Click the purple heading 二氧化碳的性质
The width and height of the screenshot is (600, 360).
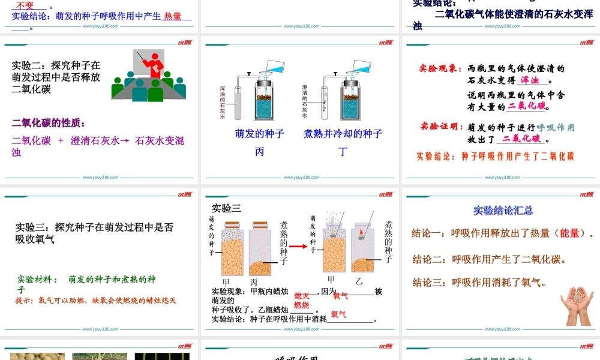[49, 123]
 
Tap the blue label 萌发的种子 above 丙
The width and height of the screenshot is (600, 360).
[260, 134]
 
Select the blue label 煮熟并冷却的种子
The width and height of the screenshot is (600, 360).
[343, 134]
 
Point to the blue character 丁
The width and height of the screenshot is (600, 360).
[343, 152]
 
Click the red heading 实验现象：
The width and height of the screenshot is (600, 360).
[441, 68]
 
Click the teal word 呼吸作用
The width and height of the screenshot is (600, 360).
[555, 127]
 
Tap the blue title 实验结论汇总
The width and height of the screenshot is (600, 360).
[503, 211]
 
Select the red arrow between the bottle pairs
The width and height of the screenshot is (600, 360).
[299, 246]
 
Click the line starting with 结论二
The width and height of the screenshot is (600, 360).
[490, 259]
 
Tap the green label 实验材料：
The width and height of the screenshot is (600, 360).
[38, 280]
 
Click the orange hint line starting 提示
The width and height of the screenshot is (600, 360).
[95, 300]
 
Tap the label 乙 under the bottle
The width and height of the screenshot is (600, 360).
[359, 281]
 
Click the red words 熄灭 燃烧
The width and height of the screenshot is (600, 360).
[302, 301]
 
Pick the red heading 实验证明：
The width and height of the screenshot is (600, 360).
[442, 127]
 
